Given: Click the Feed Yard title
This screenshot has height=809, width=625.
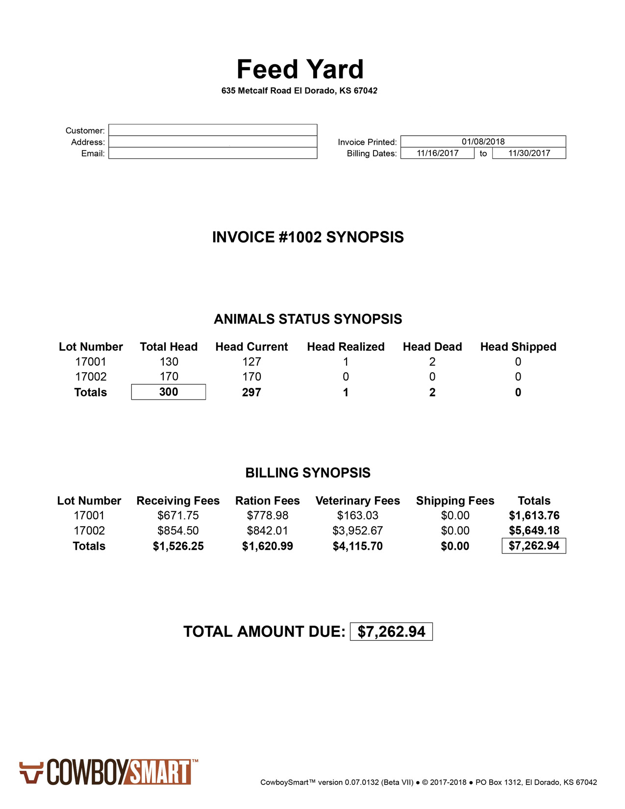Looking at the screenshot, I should coord(300,69).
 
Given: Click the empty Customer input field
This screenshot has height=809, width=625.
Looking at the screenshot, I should coord(212,130).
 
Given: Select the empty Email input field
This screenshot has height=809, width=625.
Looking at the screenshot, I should coord(212,153).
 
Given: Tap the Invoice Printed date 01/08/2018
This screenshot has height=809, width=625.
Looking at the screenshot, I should coord(483,141).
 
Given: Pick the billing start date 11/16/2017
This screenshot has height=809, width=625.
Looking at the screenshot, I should coord(437,153).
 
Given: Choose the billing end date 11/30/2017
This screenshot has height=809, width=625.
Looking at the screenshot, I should coord(529,153).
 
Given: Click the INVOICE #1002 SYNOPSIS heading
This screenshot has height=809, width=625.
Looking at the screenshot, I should coord(308,237).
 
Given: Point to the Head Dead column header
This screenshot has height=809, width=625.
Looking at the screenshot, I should coord(432,347).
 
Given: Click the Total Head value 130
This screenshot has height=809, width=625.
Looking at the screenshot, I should coord(169,362).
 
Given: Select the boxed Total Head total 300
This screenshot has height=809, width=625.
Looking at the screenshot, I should coord(168,392).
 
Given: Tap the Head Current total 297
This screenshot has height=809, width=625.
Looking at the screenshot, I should coord(251,392).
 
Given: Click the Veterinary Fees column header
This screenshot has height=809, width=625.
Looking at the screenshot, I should coord(357,501).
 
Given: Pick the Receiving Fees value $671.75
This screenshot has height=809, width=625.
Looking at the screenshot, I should coord(178,515).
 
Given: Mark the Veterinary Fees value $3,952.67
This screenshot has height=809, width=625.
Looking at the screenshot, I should coord(357,531).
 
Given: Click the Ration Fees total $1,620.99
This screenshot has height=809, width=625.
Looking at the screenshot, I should coord(267,546).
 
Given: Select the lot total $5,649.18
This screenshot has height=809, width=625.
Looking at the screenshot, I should coord(534,531).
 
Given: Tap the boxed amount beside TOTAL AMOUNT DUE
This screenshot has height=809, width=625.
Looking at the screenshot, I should coord(391,632).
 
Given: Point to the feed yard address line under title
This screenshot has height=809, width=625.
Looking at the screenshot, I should coord(299,91).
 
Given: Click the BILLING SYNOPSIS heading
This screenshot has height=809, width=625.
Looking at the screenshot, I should coord(308,473).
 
